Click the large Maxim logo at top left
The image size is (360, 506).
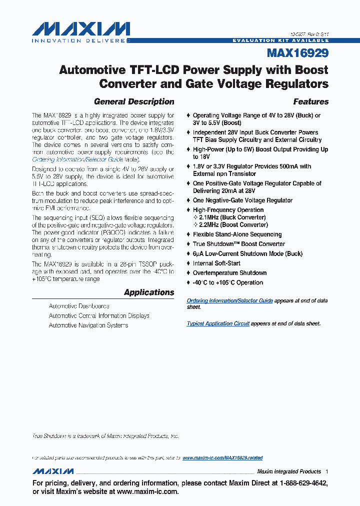pos(80,31)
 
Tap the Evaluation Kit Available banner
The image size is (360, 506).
pos(281,40)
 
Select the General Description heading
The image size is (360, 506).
pos(134,101)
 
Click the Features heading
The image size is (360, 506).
pos(310,101)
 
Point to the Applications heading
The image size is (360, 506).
pos(149,292)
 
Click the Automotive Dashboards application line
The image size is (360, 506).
pos(79,306)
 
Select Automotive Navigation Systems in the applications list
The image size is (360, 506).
pos(88,325)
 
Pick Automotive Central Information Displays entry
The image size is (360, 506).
pos(99,315)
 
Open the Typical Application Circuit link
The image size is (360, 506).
pos(218,323)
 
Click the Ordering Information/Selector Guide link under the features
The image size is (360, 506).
pos(229,300)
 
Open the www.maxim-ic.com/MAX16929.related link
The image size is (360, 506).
pos(222,458)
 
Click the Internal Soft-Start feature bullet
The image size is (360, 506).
pos(216,263)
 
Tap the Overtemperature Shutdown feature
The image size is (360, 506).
pos(229,273)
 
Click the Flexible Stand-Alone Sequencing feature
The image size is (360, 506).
pos(237,234)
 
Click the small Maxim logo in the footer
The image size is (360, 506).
pos(53,471)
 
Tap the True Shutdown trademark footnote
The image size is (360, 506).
pos(105,436)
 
